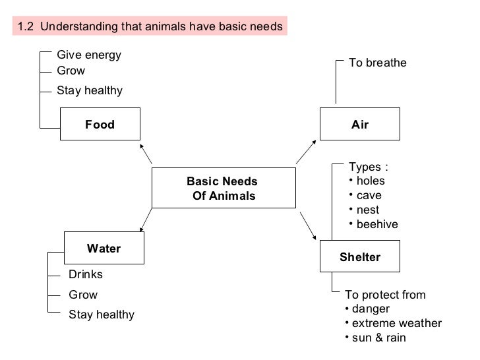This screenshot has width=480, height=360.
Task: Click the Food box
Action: tap(100, 125)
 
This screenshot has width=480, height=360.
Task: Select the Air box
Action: tap(359, 125)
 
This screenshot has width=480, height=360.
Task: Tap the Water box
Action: tap(104, 249)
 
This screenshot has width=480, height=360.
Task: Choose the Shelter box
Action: tap(359, 256)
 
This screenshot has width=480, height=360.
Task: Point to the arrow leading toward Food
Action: tap(145, 153)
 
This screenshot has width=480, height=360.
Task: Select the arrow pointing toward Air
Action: tap(306, 152)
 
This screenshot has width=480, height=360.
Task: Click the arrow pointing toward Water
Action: tap(145, 222)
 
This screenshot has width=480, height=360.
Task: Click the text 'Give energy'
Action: tap(89, 55)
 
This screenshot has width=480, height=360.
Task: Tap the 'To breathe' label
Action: tap(378, 63)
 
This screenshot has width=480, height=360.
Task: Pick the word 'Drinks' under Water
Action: tap(86, 274)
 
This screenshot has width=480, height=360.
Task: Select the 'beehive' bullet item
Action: tap(376, 225)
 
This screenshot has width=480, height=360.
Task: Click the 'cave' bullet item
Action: tap(369, 196)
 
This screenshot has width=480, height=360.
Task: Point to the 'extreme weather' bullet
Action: tap(396, 323)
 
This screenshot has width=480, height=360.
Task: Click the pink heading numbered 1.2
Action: tap(150, 26)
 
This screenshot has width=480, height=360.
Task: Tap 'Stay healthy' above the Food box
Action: tap(90, 90)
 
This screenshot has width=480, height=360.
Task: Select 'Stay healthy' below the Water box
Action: tap(102, 315)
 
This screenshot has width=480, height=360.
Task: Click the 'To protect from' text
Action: tap(386, 295)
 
